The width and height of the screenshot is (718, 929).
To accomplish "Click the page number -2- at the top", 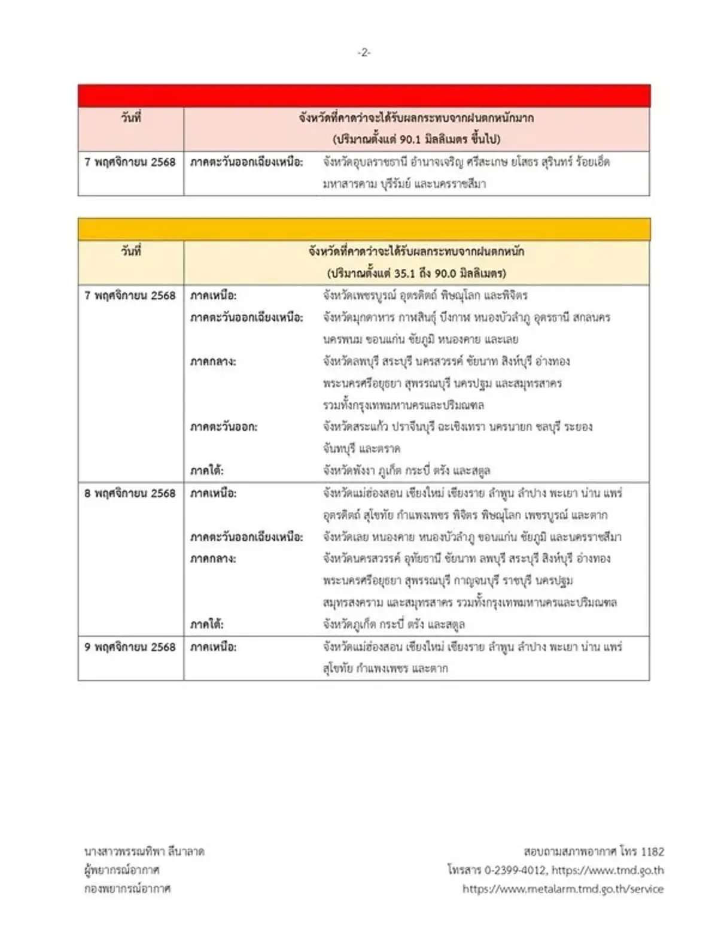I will (364, 53).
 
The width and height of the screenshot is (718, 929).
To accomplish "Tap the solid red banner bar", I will (364, 96).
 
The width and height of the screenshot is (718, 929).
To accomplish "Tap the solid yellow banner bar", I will (364, 229).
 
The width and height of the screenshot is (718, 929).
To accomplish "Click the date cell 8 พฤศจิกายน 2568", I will (130, 493).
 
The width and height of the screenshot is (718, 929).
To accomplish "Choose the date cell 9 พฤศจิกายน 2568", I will (130, 647).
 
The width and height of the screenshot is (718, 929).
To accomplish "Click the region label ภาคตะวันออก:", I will (224, 427).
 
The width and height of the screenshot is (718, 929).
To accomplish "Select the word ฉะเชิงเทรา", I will (457, 427).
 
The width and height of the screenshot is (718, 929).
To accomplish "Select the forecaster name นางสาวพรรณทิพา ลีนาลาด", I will (144, 851).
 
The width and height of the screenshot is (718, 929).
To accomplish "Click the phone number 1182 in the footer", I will (652, 851).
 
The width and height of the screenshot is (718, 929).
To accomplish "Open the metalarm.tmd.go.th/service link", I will (563, 889).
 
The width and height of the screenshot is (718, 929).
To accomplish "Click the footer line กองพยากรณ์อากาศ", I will (127, 889).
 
